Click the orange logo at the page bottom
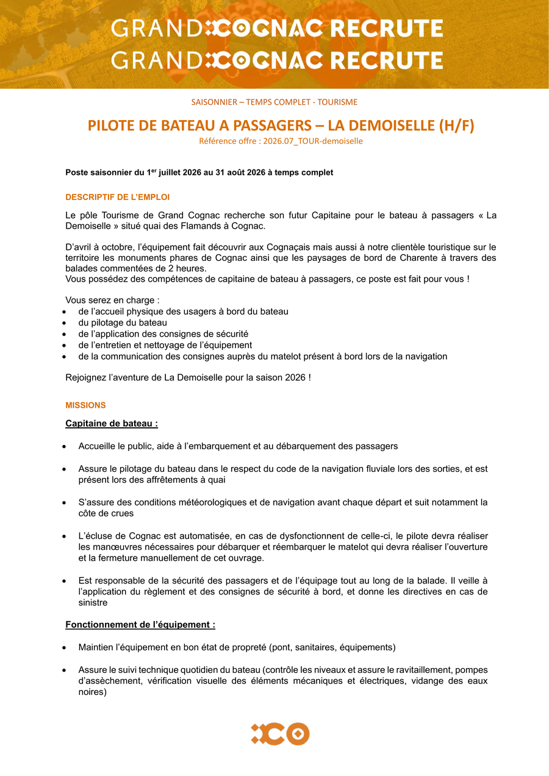point(280,733)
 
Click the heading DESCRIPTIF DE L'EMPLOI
point(118,198)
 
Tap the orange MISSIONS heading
point(85,405)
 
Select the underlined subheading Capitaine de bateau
point(112,423)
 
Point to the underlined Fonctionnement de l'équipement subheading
point(140,625)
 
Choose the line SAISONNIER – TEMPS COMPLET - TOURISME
point(274,102)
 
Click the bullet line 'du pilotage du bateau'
point(123,322)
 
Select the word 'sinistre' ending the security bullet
point(93,603)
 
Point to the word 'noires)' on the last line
point(92,692)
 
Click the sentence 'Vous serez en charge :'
point(112,300)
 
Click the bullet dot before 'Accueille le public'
point(65,447)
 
